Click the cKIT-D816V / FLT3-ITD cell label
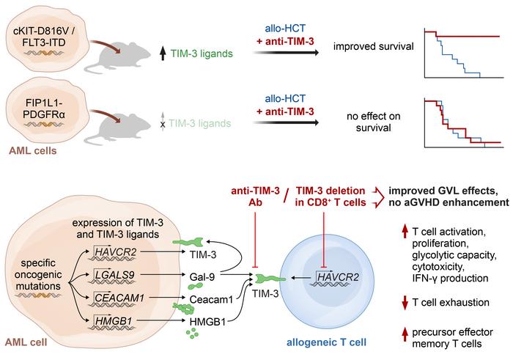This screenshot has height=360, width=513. pyautogui.click(x=46, y=33)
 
